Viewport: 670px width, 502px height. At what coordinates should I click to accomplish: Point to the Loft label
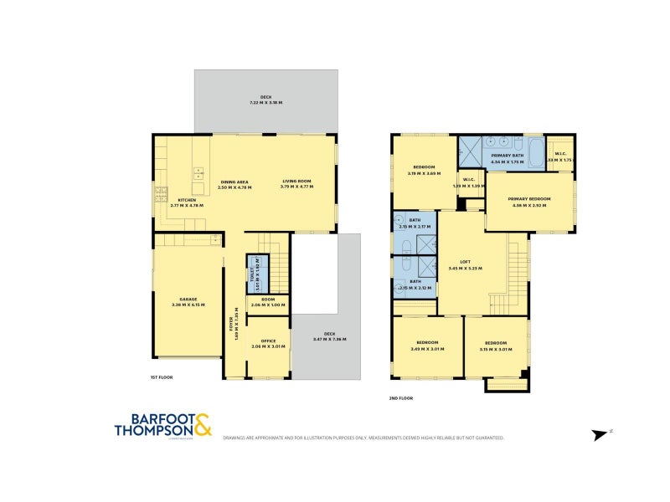coord(465,264)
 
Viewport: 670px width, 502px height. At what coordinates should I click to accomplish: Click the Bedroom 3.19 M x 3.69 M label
coord(424,171)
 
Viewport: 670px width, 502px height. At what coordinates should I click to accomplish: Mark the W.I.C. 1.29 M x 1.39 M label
coord(469,182)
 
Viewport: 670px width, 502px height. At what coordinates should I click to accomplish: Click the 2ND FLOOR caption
coord(401,397)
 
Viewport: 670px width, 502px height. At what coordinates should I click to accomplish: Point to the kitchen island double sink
coord(198,174)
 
